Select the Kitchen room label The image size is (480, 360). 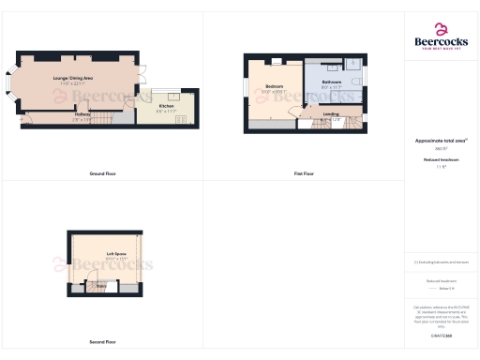(x=166, y=106)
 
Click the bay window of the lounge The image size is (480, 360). (x=11, y=85)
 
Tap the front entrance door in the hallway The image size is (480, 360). (x=24, y=116)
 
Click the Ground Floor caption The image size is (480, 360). (x=102, y=174)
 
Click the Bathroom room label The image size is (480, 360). (x=332, y=82)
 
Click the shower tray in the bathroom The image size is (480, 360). (x=346, y=65)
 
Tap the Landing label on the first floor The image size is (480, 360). (x=331, y=114)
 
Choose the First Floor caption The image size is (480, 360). (x=304, y=174)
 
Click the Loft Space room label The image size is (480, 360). (x=115, y=254)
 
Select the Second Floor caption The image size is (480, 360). (x=103, y=341)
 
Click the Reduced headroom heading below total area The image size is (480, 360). (x=440, y=160)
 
